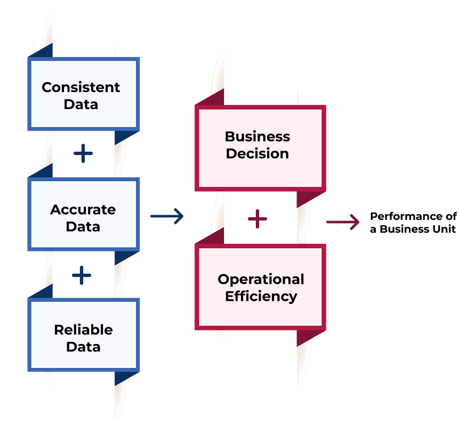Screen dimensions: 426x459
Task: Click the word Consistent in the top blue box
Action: coord(81,87)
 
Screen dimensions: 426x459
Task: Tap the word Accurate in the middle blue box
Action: coord(83,209)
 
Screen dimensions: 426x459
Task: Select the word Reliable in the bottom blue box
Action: coord(83,330)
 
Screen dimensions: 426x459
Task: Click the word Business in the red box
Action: coord(257,136)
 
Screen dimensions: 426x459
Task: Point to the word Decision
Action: coord(257,153)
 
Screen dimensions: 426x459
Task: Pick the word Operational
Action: coord(261,280)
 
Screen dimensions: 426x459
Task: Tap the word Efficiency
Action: coord(261,296)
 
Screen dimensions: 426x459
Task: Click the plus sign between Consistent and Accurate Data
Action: coord(83,154)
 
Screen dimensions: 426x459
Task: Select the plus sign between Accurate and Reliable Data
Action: coord(82,275)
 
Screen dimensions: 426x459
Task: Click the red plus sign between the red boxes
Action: coord(257,218)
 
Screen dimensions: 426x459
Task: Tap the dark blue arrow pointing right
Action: coord(167,216)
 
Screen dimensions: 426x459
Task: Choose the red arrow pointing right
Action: coord(343,222)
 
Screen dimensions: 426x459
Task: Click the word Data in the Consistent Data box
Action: coord(81,104)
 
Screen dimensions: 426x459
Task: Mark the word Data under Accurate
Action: coord(83,226)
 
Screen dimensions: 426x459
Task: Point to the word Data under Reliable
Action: coord(83,347)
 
